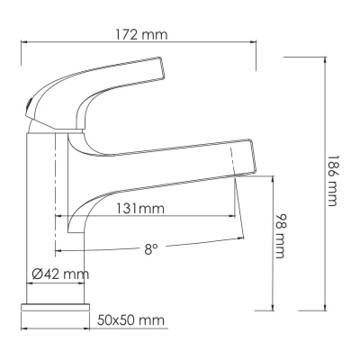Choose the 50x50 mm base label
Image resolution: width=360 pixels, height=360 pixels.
(130, 319)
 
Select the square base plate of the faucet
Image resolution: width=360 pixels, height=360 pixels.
(56, 308)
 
